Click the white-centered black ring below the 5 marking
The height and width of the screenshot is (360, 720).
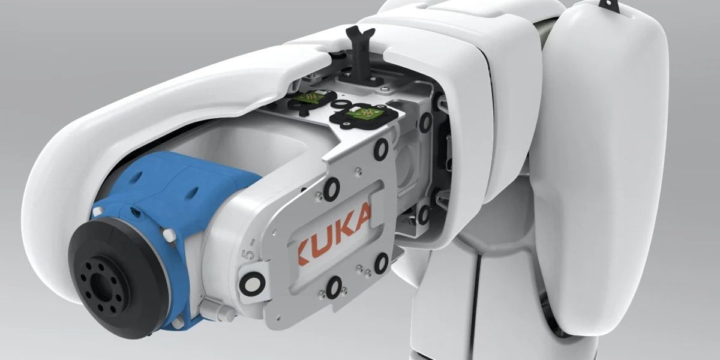coord(251,281)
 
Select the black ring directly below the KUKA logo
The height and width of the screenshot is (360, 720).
coord(334,286)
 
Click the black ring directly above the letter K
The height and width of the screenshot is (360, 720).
coord(331,190)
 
